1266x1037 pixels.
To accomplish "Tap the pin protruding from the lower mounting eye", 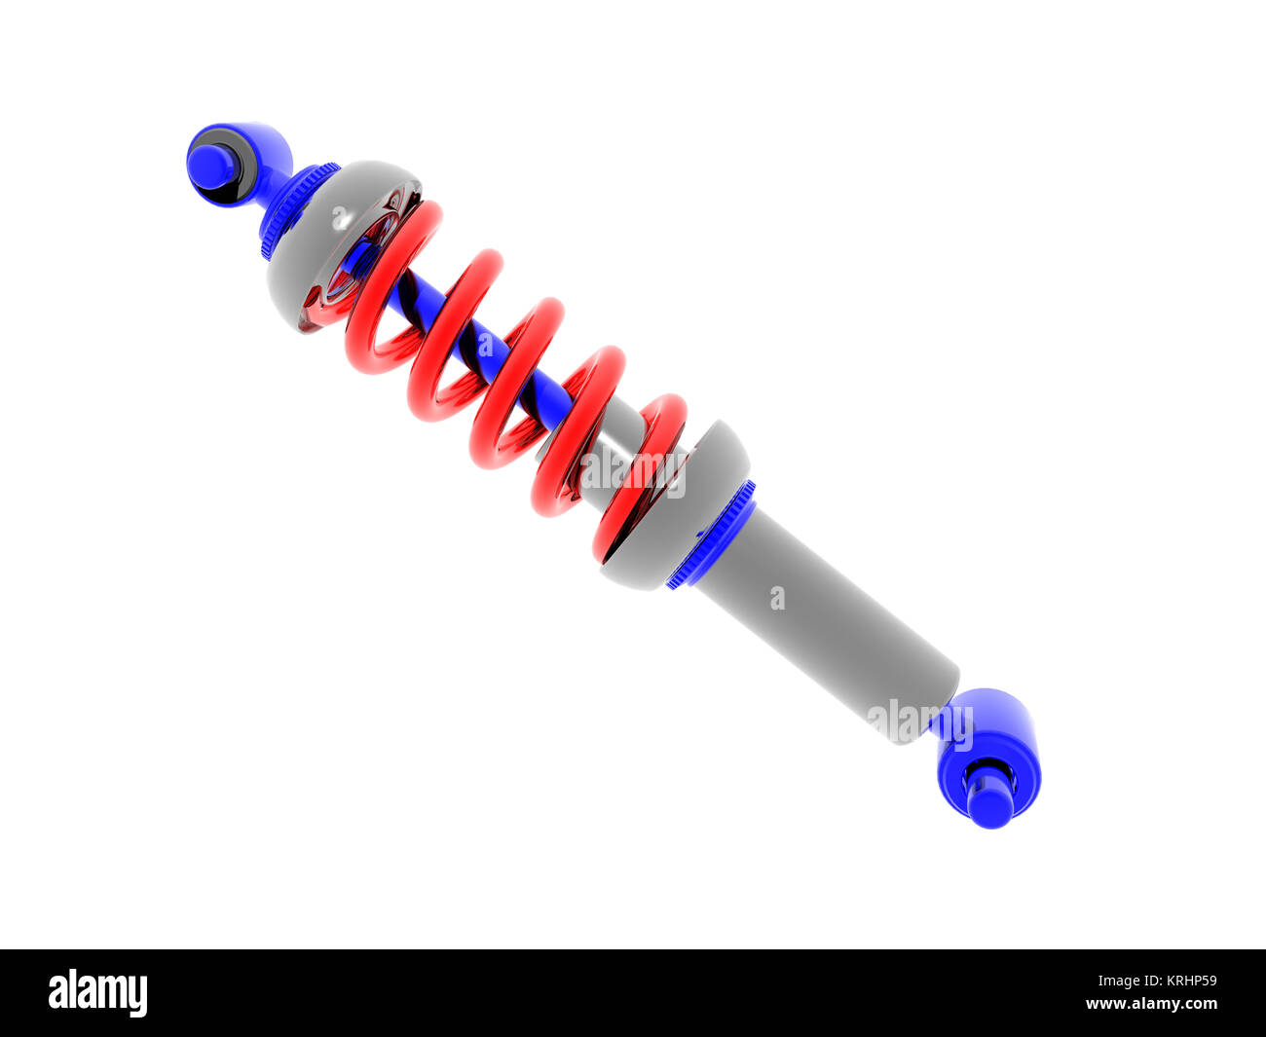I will (990, 803).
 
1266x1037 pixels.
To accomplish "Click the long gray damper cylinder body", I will (828, 623).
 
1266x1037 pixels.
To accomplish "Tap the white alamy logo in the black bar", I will (97, 992).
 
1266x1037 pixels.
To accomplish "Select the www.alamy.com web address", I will (1151, 1004).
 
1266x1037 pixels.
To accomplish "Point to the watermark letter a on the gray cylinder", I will (777, 597).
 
